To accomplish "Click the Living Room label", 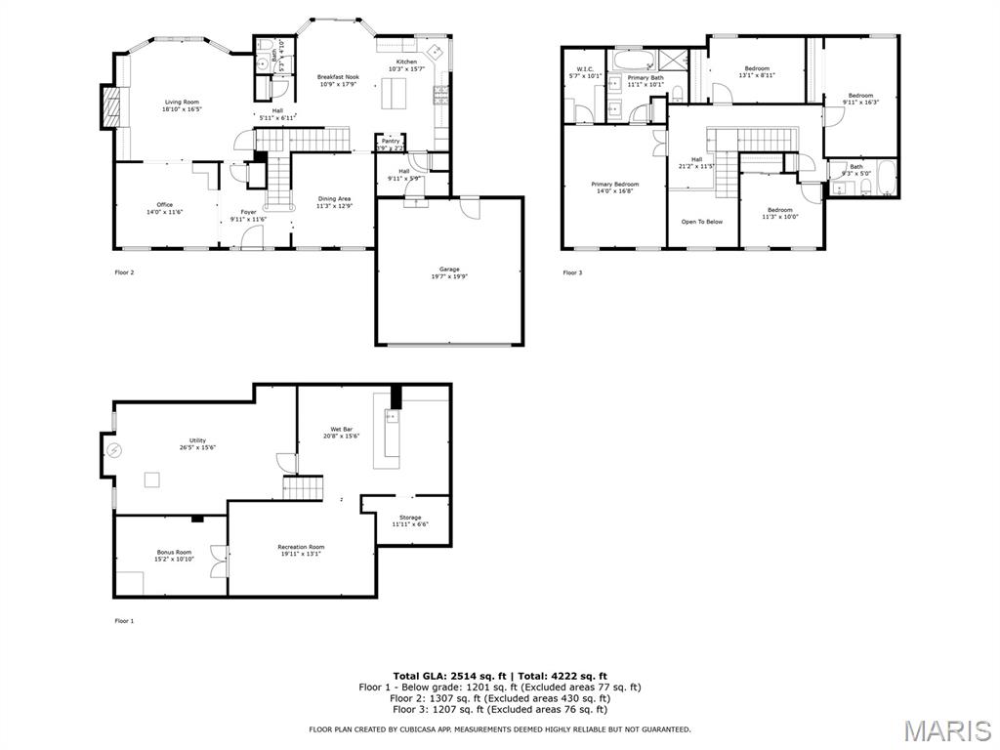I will point(182,102).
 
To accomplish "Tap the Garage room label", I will point(449,270).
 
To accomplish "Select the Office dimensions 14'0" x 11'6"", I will point(165,212).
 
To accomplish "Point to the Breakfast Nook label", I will point(338,76).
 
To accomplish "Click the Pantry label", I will point(391,141).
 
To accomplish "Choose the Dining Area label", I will point(333,199).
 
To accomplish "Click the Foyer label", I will point(249,212).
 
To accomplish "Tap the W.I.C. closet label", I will point(586,69).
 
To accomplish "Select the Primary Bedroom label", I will point(614,184).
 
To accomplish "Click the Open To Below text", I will point(702,222).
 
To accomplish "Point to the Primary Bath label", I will point(646,77).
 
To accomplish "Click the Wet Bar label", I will point(341,428).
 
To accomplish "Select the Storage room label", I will point(410,517).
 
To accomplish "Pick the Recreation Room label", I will point(301,547).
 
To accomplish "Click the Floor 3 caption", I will point(572,272).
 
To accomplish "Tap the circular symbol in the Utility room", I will point(113,450).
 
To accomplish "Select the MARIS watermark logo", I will point(946,730).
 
